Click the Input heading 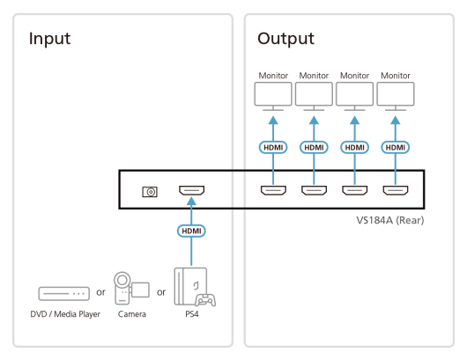pos(49,39)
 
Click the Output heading pos(285,39)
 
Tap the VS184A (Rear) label pos(390,220)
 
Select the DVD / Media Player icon pos(64,294)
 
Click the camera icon pos(131,288)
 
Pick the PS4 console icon pos(195,287)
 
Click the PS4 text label pos(192,314)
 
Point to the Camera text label pos(132,314)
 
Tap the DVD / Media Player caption pos(65,314)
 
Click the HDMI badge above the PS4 pos(191,231)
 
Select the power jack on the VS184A pos(150,192)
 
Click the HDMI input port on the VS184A pos(191,190)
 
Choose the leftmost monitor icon pos(273,97)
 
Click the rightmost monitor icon pos(396,97)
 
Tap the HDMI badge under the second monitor pos(314,147)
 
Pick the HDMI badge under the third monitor pos(355,147)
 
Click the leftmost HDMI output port pos(273,190)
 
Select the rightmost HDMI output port pos(396,190)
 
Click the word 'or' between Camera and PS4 pos(161,292)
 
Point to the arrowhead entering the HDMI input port pos(191,202)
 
